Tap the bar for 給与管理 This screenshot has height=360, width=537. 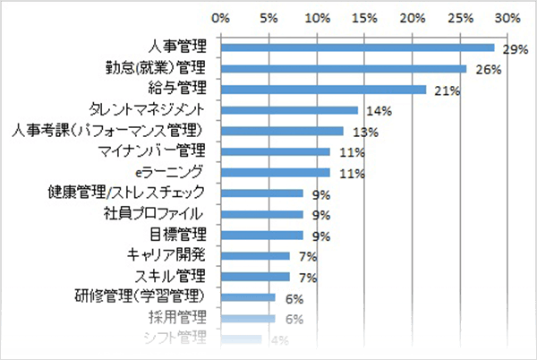[x=322, y=90]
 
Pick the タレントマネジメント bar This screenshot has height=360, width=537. [x=288, y=110]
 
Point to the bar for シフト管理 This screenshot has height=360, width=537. [x=240, y=339]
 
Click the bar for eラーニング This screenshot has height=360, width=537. [x=274, y=172]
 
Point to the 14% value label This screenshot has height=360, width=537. [x=376, y=111]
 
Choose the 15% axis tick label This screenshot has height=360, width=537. [x=363, y=17]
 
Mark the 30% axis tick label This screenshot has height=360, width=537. [x=507, y=17]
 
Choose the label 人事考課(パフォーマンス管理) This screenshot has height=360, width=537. [x=113, y=131]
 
